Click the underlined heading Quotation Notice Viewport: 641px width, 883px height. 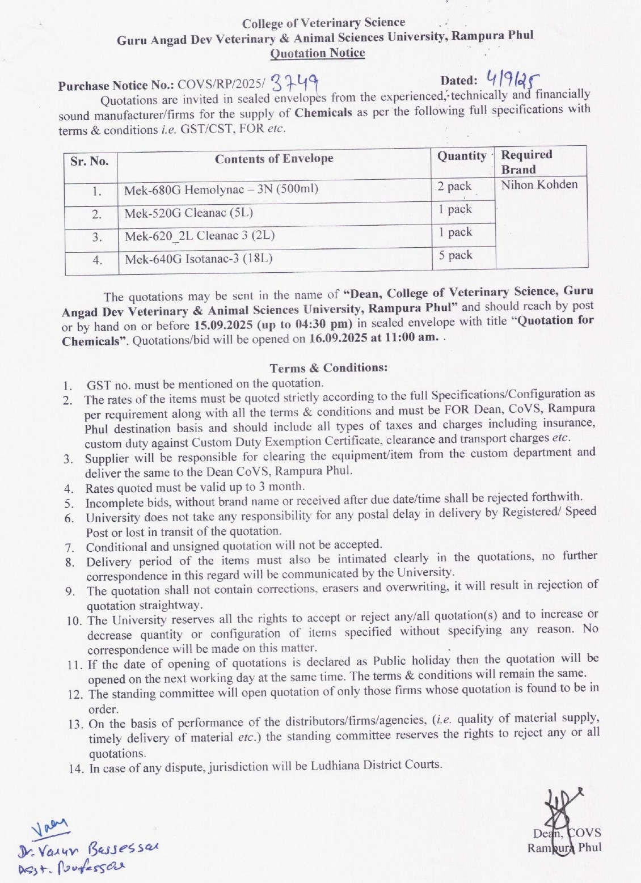(317, 53)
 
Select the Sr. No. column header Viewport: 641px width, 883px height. (90, 161)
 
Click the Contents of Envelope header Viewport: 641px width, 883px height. (274, 159)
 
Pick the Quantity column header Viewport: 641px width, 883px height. (462, 156)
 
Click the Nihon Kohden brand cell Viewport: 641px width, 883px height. (539, 185)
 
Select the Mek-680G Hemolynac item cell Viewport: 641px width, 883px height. (221, 189)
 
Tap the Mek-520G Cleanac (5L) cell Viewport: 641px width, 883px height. (189, 213)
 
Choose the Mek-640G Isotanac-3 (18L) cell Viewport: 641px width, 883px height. (199, 259)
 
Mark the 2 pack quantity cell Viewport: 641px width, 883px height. (454, 186)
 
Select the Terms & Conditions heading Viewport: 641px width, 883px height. (328, 367)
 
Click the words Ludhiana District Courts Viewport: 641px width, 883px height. (376, 765)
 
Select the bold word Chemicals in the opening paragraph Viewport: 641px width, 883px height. (323, 112)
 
